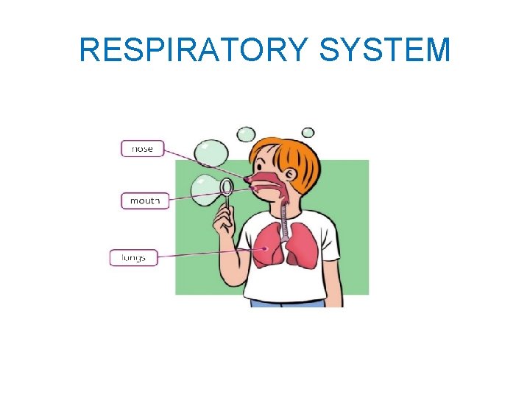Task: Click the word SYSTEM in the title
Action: pyautogui.click(x=386, y=50)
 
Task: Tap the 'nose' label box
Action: pyautogui.click(x=142, y=148)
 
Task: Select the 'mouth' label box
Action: pyautogui.click(x=144, y=200)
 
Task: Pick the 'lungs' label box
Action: pyautogui.click(x=133, y=258)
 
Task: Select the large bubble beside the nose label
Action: pyautogui.click(x=211, y=153)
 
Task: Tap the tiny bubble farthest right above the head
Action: pyautogui.click(x=308, y=132)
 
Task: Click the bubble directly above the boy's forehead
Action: pyautogui.click(x=246, y=135)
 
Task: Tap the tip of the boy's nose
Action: pyautogui.click(x=246, y=179)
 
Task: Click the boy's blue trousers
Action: pyautogui.click(x=287, y=302)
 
